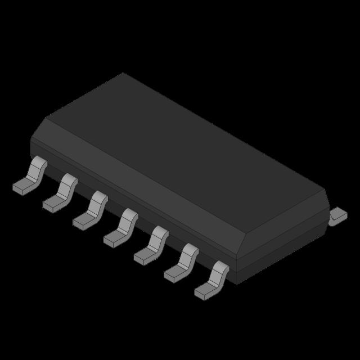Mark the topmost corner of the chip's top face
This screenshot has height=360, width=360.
tap(123, 73)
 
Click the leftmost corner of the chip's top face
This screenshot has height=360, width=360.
tap(46, 119)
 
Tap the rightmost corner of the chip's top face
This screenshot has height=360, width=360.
tap(325, 190)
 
